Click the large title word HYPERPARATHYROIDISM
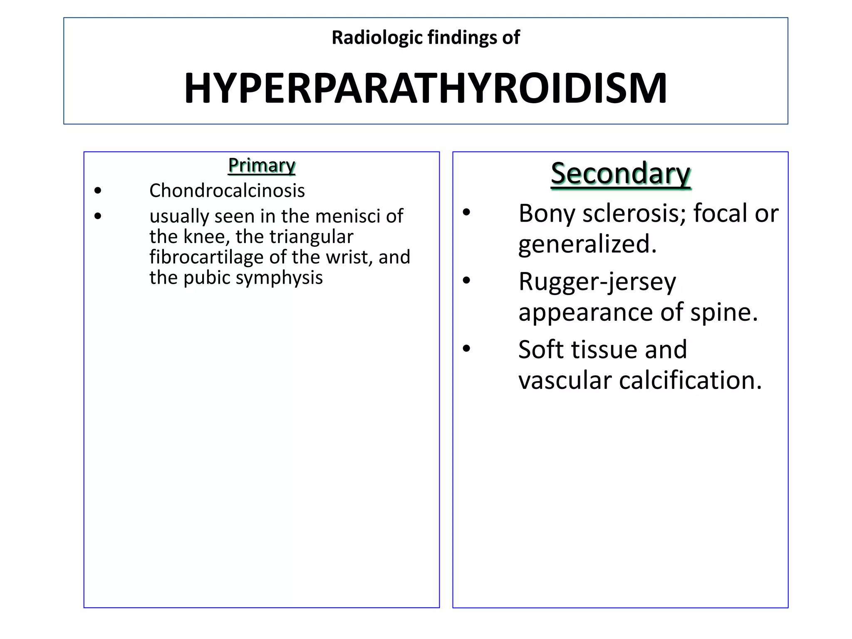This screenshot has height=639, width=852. coord(426,89)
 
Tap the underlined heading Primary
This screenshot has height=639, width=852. coord(262,165)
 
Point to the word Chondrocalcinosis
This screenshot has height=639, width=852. coord(227,191)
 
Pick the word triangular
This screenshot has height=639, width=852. coord(311,237)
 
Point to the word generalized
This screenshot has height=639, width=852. coord(587,244)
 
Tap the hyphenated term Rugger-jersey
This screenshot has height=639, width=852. coord(597,282)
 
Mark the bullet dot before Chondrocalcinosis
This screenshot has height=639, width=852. coord(98,191)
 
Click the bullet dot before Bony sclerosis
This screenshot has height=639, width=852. coord(466,213)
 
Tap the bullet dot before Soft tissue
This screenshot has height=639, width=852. coord(466,349)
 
